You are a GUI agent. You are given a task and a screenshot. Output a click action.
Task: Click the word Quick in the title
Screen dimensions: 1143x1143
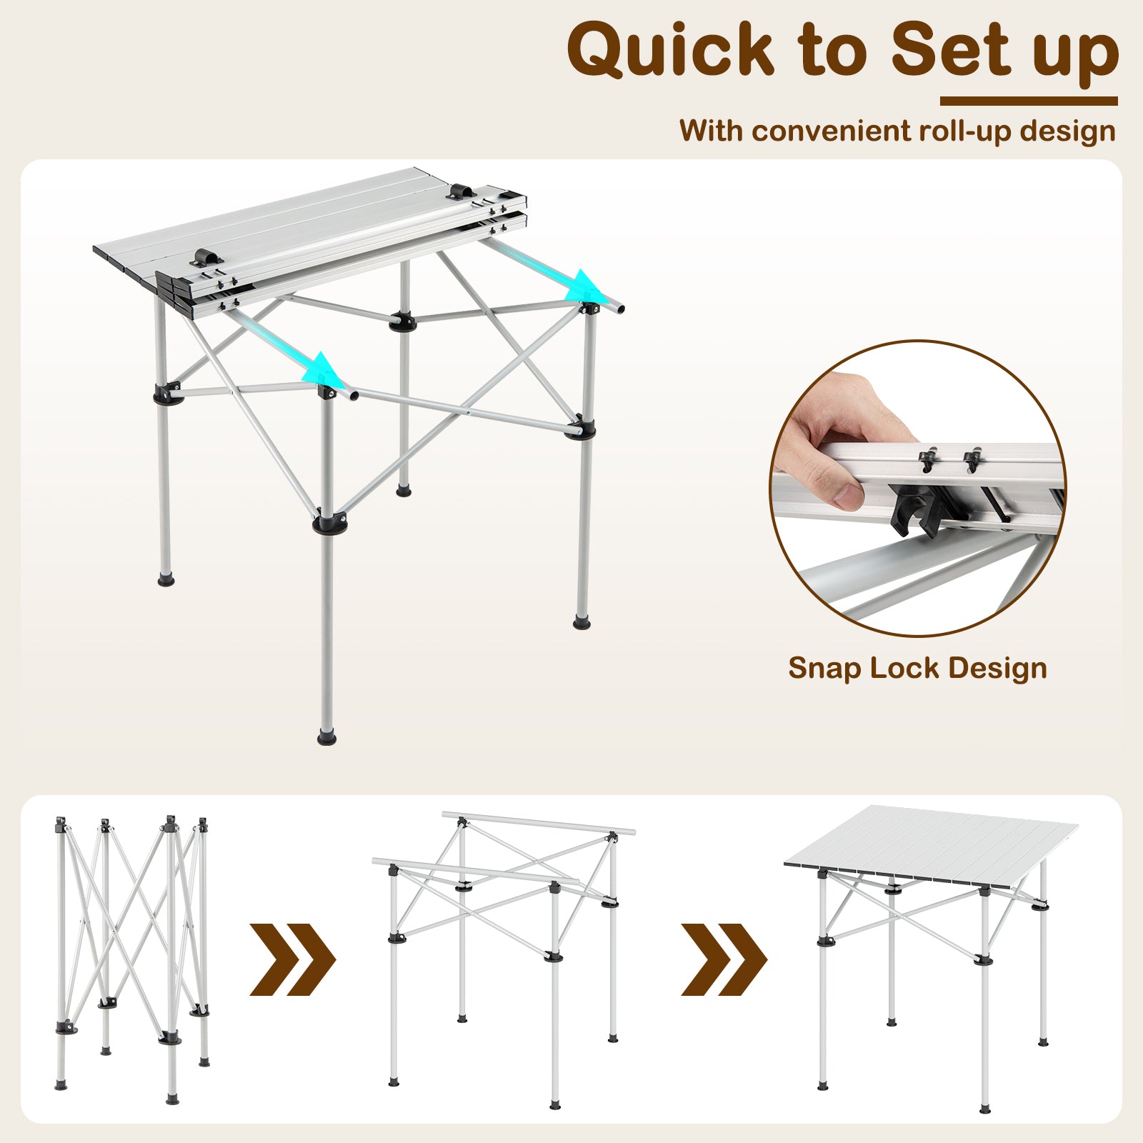point(670,50)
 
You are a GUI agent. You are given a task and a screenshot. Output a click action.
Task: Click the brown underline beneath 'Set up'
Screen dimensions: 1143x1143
point(1028,101)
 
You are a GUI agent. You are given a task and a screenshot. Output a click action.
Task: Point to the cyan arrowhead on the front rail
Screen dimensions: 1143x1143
point(323,369)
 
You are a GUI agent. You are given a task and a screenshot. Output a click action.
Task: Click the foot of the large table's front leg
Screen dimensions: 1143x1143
point(326,736)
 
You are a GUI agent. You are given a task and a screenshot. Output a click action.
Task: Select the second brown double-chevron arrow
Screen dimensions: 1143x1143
point(723,959)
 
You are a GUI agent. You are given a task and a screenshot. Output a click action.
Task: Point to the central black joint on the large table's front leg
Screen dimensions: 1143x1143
point(329,524)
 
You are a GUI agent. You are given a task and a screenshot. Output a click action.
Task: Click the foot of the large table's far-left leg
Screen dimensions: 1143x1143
point(166,579)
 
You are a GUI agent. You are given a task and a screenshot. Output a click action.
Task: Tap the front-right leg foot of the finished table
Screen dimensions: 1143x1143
point(986,1109)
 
